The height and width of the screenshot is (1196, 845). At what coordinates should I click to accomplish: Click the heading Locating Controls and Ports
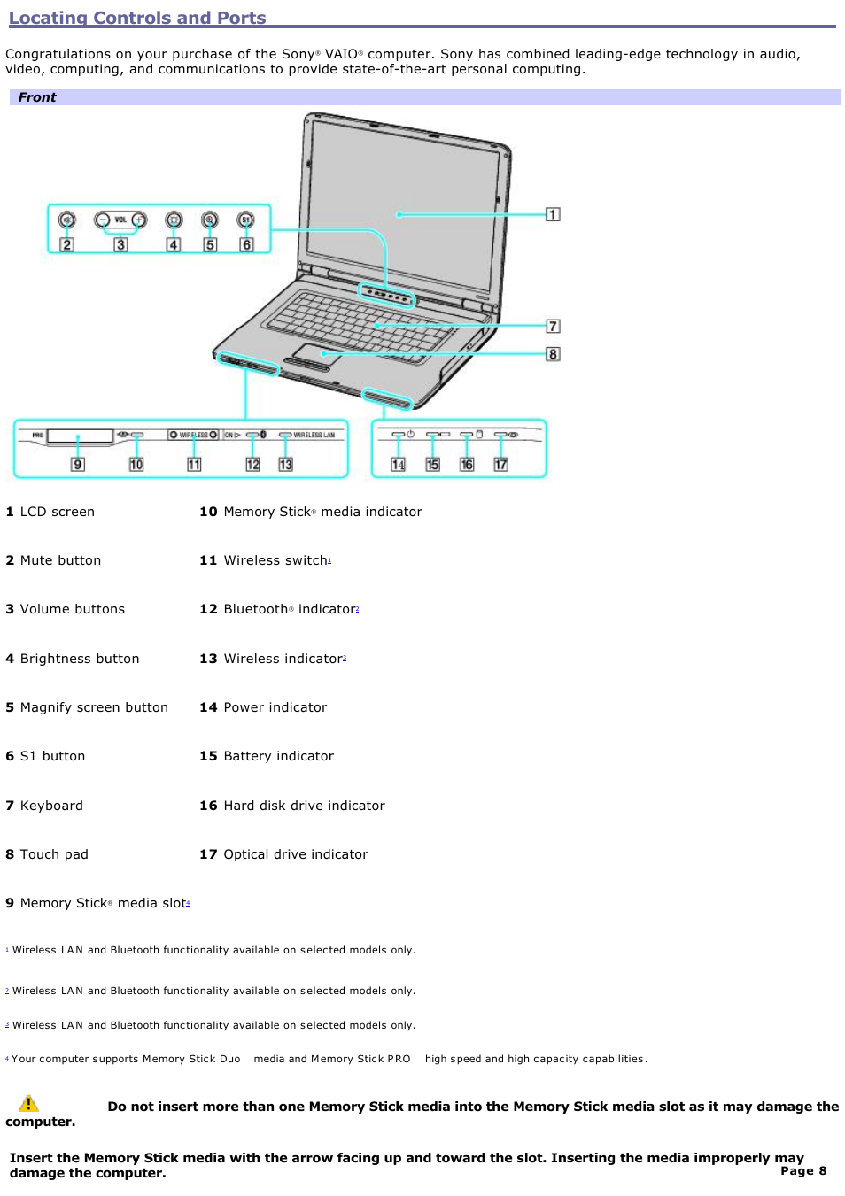point(137,18)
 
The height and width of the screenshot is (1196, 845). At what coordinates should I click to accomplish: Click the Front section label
point(37,97)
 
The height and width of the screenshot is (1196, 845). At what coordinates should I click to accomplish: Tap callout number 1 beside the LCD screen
point(553,214)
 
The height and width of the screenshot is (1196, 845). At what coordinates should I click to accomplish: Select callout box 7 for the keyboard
point(553,326)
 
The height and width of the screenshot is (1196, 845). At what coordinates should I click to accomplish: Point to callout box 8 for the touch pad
point(553,354)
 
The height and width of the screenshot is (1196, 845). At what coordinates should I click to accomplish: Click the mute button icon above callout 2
point(66,220)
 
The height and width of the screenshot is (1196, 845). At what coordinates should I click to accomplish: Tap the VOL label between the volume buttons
point(120,220)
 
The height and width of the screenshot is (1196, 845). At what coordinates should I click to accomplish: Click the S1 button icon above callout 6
point(245,220)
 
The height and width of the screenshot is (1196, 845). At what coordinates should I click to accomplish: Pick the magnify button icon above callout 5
point(209,220)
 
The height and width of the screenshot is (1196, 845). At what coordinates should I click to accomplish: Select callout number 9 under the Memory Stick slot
point(78,465)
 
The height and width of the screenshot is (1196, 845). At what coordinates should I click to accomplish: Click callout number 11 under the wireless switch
point(194,465)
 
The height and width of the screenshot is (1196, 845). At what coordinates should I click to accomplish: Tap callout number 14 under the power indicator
point(399,465)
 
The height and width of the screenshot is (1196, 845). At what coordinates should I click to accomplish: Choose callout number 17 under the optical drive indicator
point(501,465)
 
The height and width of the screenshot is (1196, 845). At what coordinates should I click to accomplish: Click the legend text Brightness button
point(80,659)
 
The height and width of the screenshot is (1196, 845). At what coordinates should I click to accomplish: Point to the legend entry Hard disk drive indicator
point(304,806)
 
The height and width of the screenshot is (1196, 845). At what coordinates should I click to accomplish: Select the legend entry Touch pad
point(54,854)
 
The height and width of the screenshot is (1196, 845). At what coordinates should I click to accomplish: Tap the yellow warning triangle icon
point(28,1103)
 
